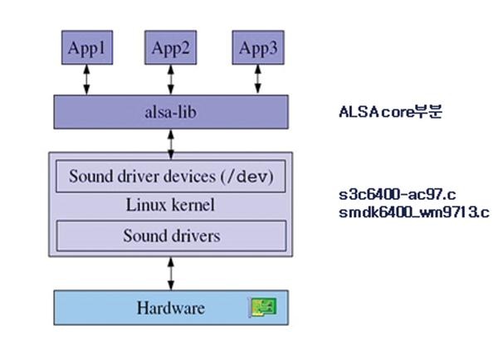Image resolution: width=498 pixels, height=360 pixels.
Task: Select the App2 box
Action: [171, 48]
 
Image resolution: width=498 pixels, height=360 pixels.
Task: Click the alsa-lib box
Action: [171, 110]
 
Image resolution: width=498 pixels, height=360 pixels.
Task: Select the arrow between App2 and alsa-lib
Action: [171, 80]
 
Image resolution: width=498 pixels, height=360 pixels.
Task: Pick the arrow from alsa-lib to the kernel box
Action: [171, 140]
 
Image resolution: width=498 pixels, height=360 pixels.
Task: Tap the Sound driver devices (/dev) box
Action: [171, 177]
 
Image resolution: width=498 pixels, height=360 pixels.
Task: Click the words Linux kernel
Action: [171, 205]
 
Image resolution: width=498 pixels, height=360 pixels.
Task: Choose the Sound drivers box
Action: [171, 236]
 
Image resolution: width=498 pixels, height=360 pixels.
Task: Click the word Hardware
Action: [170, 309]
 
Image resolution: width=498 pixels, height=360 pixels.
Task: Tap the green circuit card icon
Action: [263, 309]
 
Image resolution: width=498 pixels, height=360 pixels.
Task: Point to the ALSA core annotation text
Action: [391, 110]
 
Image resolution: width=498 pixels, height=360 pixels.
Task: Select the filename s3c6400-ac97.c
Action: [397, 197]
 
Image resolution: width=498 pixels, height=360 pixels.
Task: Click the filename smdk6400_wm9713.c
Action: [413, 212]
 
